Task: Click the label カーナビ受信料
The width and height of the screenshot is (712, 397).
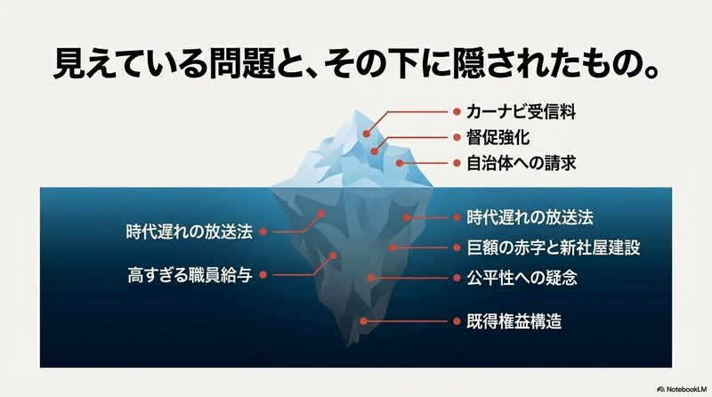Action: pos(521,112)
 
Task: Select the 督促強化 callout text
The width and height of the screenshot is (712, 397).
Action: pos(498,138)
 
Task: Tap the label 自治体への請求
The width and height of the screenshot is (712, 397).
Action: pos(521,163)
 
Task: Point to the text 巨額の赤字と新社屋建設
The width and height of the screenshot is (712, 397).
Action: pos(553,247)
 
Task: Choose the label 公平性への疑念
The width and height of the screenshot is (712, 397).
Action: pos(522,278)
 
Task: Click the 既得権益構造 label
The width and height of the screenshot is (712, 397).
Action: pos(514,321)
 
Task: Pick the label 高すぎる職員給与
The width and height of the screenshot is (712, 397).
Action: pos(190,275)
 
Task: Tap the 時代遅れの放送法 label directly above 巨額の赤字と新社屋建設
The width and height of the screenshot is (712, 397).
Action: pos(530,217)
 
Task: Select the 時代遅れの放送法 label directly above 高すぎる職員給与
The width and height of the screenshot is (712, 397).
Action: pos(189,231)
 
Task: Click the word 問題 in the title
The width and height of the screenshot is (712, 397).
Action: pos(242,63)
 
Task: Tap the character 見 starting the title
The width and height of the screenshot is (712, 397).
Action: pos(69,63)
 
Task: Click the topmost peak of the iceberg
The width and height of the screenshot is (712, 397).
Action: pos(355,110)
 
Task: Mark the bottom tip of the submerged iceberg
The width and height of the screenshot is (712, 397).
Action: pos(351,344)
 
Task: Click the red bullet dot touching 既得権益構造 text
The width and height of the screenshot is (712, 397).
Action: pos(457,321)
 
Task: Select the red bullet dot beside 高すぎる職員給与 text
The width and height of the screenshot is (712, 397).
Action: pos(263,275)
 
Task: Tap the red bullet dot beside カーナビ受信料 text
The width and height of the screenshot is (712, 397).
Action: pos(457,112)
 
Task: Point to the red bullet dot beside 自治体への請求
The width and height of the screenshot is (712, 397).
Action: pos(457,163)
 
